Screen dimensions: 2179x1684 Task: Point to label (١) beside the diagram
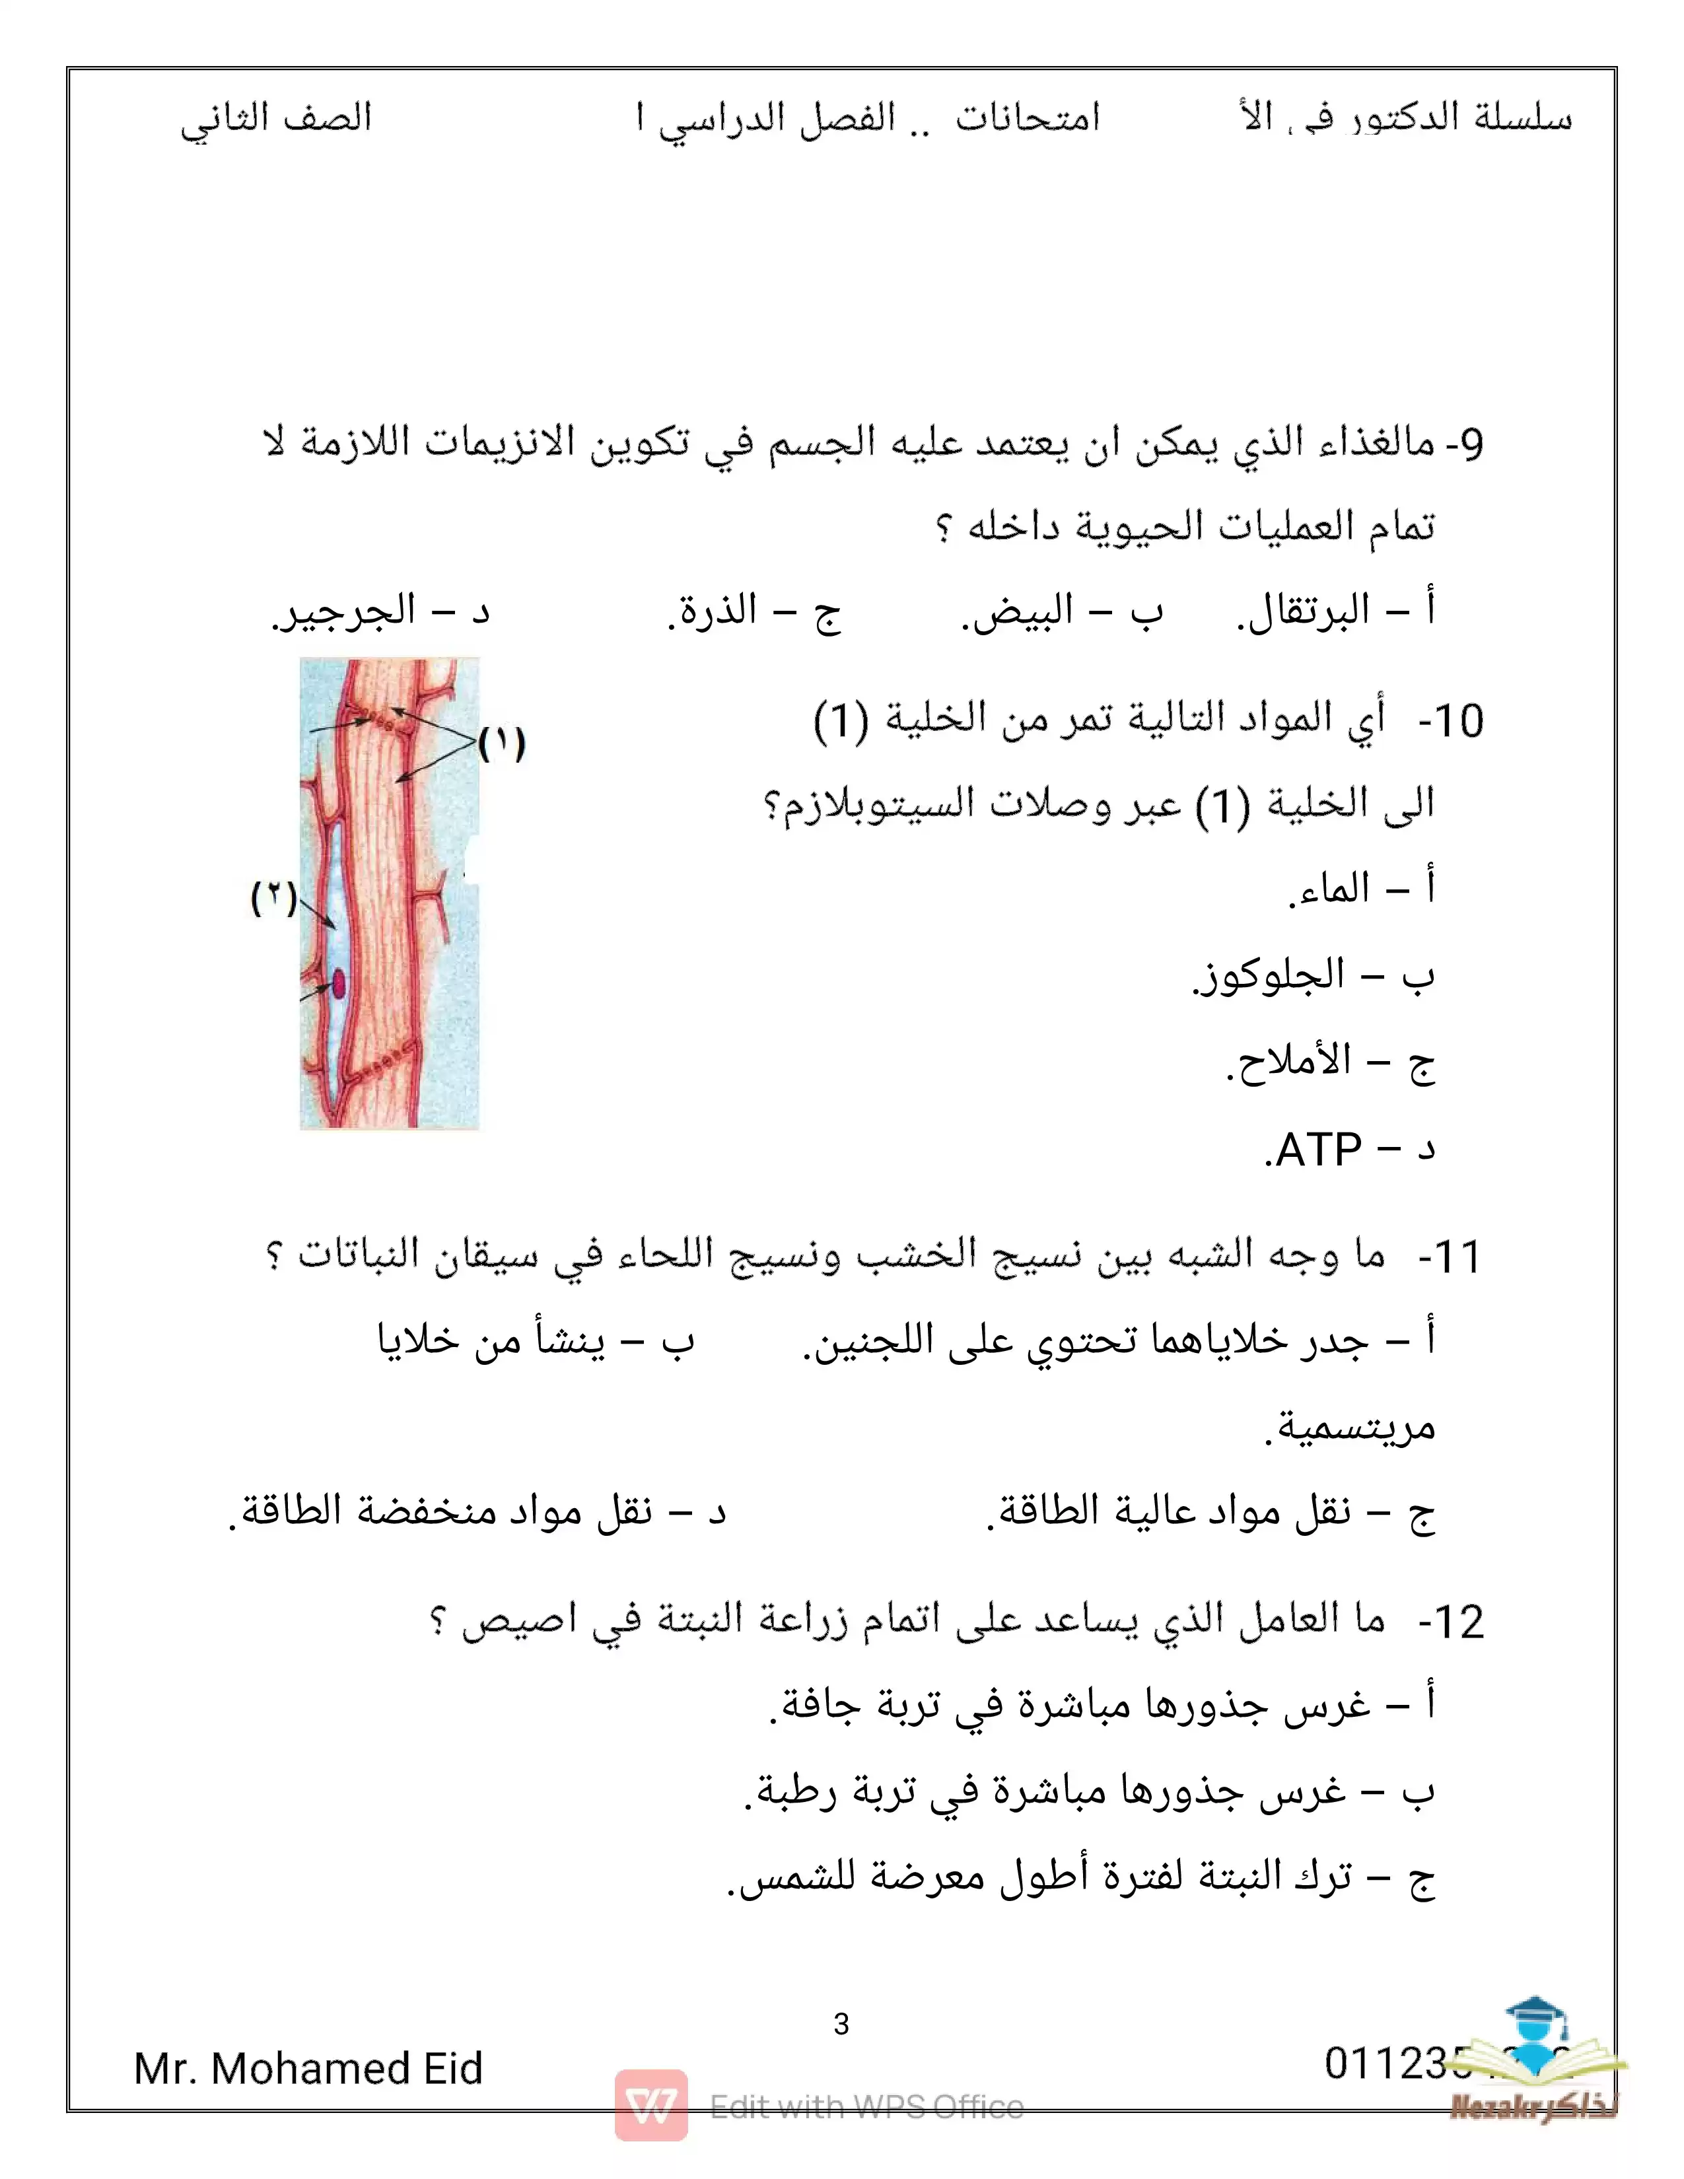pyautogui.click(x=501, y=744)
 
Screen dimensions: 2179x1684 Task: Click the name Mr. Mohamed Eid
pyautogui.click(x=308, y=2068)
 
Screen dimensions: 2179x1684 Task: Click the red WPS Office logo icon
pyautogui.click(x=650, y=2105)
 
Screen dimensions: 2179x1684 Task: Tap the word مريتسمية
pyautogui.click(x=1351, y=1428)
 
